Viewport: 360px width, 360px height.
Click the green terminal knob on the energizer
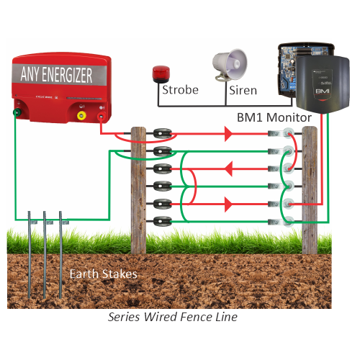click(15, 112)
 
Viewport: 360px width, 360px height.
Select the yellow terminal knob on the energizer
click(82, 112)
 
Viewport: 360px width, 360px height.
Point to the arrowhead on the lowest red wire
click(228, 205)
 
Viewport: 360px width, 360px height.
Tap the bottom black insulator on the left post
click(163, 220)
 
